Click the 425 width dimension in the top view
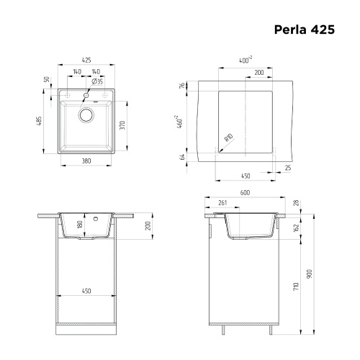(x=86, y=61)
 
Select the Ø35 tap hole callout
(x=98, y=82)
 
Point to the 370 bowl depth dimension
(x=123, y=126)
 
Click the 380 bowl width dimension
(x=86, y=161)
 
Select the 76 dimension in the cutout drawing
(x=184, y=86)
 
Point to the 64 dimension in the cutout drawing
(x=184, y=156)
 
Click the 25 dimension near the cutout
(x=287, y=168)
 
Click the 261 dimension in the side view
(x=222, y=203)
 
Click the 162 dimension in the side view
(x=296, y=228)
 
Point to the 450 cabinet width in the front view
(x=86, y=292)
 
